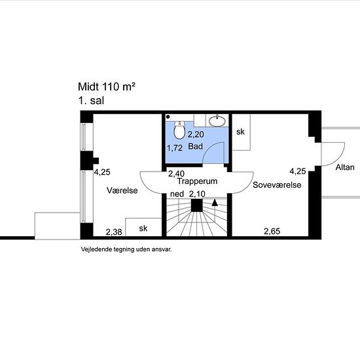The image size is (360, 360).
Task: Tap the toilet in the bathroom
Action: tap(179, 129)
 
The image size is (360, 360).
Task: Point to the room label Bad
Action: tap(195, 147)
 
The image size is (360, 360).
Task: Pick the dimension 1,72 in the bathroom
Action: tap(175, 148)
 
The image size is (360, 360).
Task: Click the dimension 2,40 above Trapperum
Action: tap(176, 173)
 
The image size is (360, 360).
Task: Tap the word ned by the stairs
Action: tap(177, 194)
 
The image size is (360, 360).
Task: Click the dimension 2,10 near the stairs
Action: tap(197, 194)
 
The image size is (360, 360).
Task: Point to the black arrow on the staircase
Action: tap(214, 203)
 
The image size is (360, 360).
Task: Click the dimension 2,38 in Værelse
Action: tap(114, 232)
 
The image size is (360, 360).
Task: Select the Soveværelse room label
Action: tap(277, 186)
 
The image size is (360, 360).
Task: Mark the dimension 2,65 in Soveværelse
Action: tap(272, 231)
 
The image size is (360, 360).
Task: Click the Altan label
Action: tap(345, 168)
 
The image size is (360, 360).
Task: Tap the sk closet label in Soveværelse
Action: tap(241, 132)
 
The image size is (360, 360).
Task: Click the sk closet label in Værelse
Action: tap(143, 228)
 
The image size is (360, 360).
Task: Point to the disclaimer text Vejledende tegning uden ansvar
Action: tap(126, 249)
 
